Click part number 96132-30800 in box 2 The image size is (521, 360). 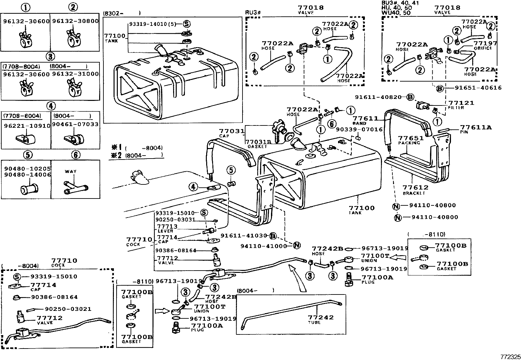(75, 21)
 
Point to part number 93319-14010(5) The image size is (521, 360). (153, 24)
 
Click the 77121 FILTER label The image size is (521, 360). (460, 104)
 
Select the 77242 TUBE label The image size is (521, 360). (320, 319)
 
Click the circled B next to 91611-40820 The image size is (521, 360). (410, 97)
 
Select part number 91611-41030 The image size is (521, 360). (244, 236)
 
